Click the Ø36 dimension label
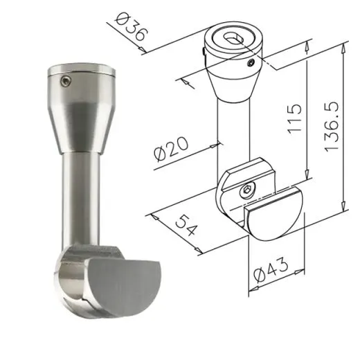pyautogui.click(x=131, y=27)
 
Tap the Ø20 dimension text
pyautogui.click(x=171, y=149)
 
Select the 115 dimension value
pyautogui.click(x=295, y=119)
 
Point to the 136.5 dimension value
pyautogui.click(x=332, y=127)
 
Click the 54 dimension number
pyautogui.click(x=186, y=225)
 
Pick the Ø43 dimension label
pyautogui.click(x=271, y=269)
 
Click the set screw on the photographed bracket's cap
pyautogui.click(x=66, y=81)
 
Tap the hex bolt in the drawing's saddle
pyautogui.click(x=246, y=190)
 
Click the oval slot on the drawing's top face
pyautogui.click(x=234, y=39)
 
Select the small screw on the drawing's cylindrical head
pyautogui.click(x=251, y=62)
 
